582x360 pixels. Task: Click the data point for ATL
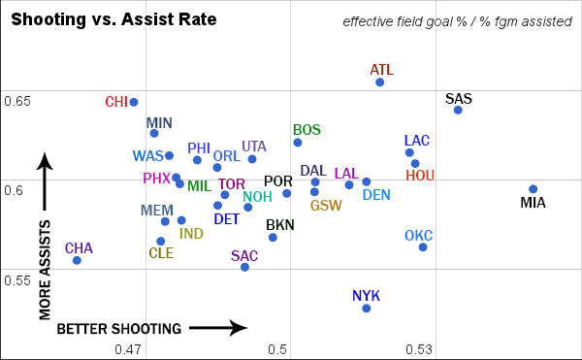point(380,82)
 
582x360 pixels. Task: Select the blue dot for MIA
point(533,189)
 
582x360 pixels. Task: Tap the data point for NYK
point(367,308)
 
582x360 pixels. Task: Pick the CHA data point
point(77,260)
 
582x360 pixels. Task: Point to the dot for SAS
point(458,110)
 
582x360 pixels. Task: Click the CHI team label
point(116,102)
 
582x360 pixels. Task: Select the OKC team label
point(419,236)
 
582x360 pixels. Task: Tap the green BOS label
point(307,130)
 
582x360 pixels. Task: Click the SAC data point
point(244,267)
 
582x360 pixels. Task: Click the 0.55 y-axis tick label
point(17,279)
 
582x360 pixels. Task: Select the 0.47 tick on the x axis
point(128,349)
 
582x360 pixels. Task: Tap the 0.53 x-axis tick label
point(417,349)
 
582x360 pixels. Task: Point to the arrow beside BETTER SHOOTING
point(224,329)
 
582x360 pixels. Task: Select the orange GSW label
point(326,205)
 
